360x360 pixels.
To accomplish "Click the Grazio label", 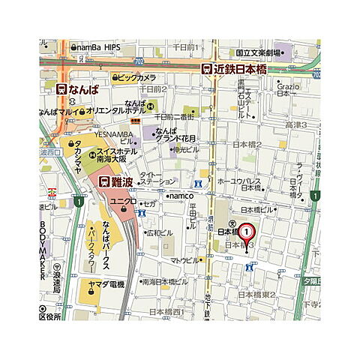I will tap(288, 87).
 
